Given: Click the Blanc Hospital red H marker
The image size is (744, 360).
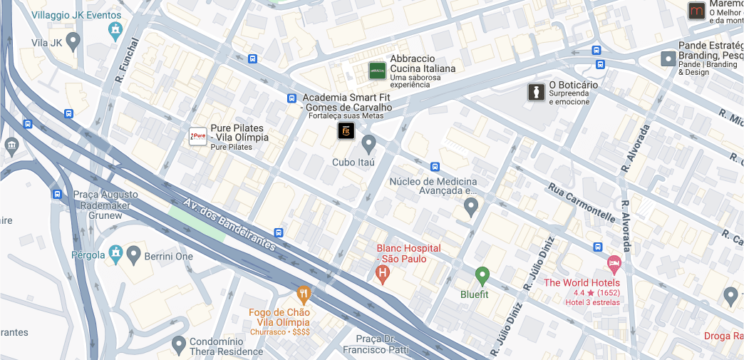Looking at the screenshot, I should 383,272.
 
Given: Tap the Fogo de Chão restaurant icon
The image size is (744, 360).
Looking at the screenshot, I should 304,293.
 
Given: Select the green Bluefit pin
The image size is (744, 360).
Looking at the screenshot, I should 482,274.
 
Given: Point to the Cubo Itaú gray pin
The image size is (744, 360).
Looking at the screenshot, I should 368,143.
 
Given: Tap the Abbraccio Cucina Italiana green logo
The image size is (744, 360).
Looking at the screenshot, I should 377,71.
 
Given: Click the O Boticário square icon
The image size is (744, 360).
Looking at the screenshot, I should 536,92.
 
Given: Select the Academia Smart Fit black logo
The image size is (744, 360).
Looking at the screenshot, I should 346,130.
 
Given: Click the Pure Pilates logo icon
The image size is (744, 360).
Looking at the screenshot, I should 197,137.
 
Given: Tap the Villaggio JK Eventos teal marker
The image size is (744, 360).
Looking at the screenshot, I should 115,29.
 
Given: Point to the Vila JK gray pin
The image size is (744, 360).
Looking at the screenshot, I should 73,40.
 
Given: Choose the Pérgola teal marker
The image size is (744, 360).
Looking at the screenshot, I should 115,254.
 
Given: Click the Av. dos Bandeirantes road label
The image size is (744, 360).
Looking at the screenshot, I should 229,223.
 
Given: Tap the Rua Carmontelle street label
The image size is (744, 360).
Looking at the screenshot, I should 581,202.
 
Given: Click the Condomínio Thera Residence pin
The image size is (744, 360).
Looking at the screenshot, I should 179,345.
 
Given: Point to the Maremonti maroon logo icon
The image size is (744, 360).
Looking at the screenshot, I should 696,11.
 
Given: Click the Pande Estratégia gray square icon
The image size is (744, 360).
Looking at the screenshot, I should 668,58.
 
